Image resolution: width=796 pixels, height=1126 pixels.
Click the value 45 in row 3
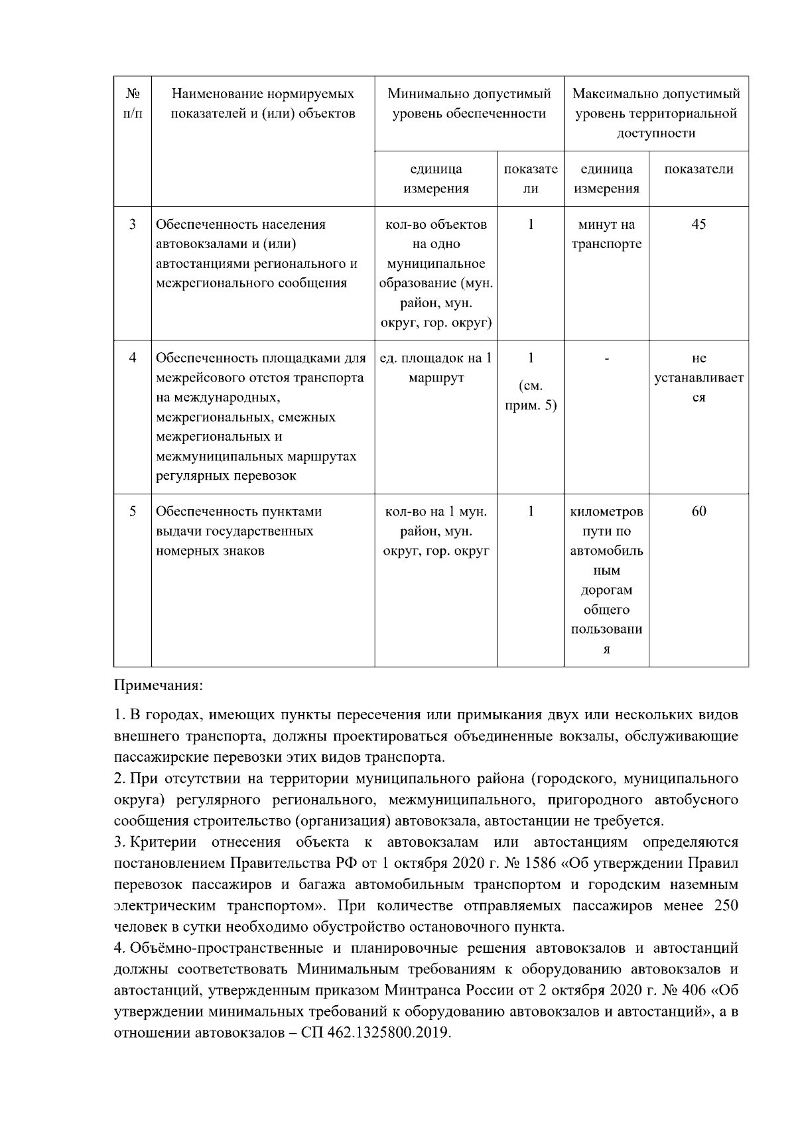click(x=698, y=224)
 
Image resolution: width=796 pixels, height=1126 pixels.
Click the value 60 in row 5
click(x=698, y=512)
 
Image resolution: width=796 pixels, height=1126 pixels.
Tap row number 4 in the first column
click(x=132, y=358)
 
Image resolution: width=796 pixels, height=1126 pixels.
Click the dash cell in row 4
click(x=606, y=358)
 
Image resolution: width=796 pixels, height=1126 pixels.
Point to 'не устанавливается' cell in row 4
click(x=698, y=378)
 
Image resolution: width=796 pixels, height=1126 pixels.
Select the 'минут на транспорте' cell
click(x=606, y=234)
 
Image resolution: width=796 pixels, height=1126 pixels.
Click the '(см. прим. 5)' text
click(x=530, y=395)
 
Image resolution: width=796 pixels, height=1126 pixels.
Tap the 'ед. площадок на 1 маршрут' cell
click(x=436, y=368)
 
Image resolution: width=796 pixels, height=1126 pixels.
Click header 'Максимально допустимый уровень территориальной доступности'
click(x=656, y=113)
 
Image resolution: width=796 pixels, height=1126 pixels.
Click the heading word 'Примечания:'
click(x=159, y=684)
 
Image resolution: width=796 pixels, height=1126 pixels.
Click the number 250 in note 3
click(x=726, y=906)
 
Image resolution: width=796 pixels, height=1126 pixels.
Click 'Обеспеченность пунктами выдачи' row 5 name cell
click(x=239, y=531)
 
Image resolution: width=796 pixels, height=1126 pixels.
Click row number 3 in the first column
click(x=132, y=224)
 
